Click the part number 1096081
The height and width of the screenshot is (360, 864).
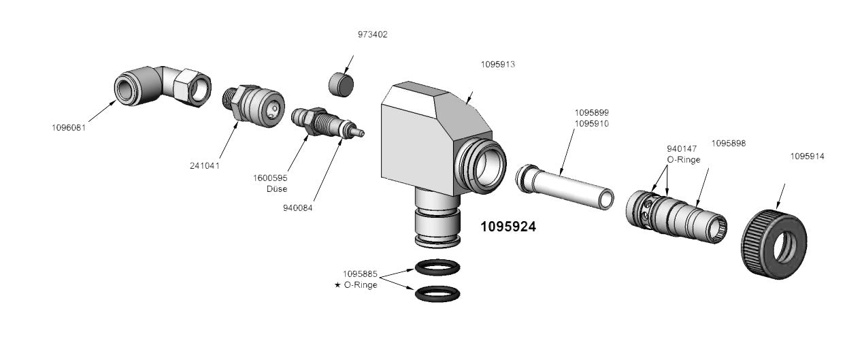coord(69,127)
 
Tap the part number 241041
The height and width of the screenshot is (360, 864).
coord(205,165)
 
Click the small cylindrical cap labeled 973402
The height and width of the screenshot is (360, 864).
coord(342,85)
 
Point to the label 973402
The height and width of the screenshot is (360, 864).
coord(373,34)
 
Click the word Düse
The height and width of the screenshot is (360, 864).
coord(277,189)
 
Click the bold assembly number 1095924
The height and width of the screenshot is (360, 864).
coord(508,227)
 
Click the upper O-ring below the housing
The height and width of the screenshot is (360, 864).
coord(436,267)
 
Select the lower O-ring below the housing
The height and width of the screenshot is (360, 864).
coord(436,294)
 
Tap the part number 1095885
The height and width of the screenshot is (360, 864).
coord(360,274)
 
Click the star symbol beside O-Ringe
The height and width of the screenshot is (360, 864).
coord(337,285)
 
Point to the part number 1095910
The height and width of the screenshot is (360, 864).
coord(591,124)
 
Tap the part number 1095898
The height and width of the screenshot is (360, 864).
coord(728,143)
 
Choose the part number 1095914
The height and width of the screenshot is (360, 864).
coord(807,156)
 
